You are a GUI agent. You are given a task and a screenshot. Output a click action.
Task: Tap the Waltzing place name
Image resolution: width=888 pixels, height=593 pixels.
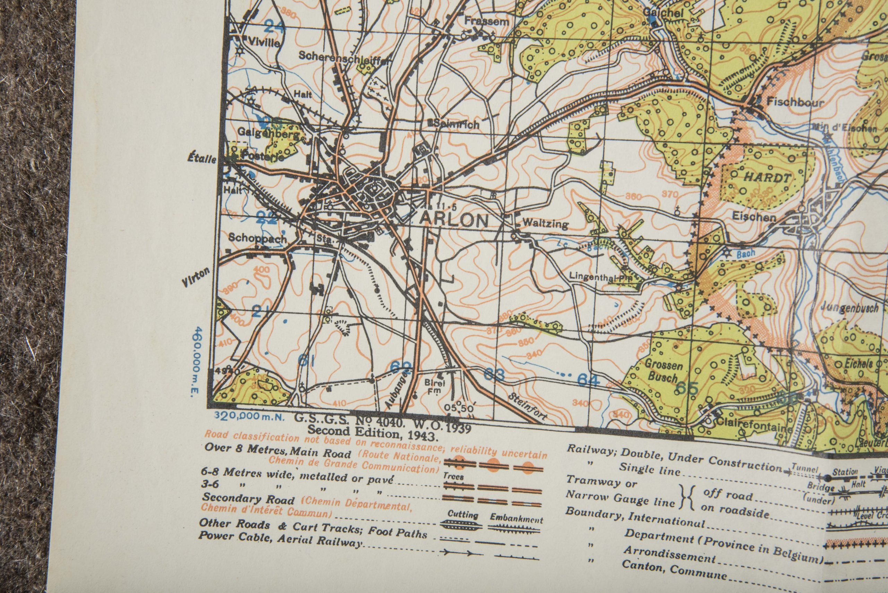544,224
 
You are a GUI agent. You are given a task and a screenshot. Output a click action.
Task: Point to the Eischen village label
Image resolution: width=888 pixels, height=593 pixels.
754,217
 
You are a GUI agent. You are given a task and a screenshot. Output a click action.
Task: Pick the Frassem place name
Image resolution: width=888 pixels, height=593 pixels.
487,22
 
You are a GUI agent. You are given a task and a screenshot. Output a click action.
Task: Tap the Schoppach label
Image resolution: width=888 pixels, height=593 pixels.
257,239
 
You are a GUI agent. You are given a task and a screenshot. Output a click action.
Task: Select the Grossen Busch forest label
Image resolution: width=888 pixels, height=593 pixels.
664,371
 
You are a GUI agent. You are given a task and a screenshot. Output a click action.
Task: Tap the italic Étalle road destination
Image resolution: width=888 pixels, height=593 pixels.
202,159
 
